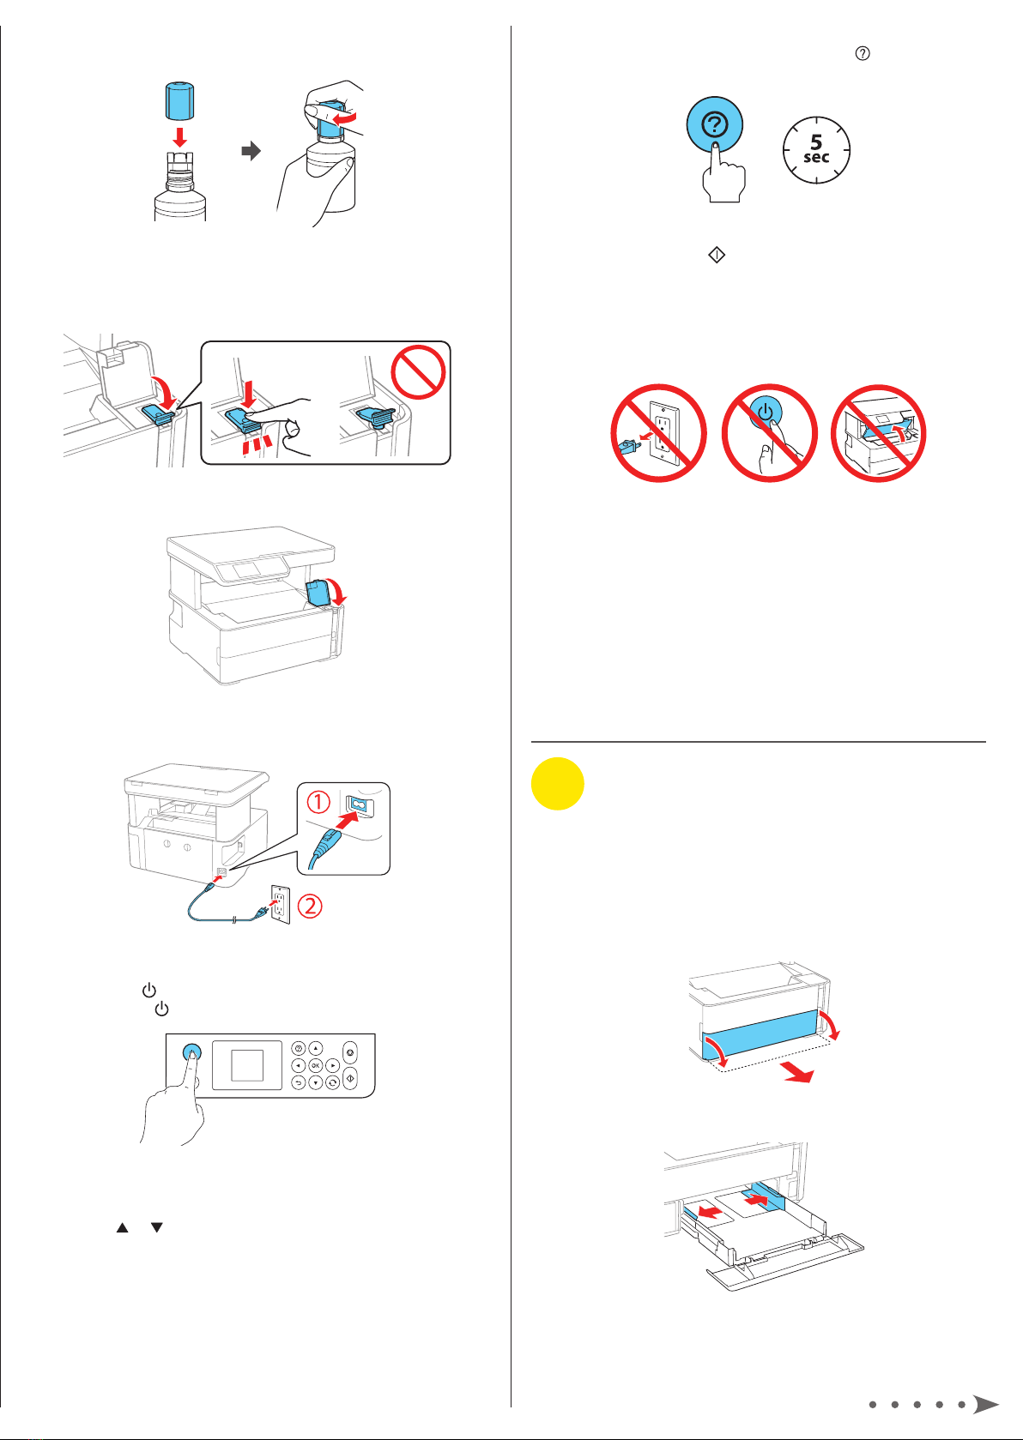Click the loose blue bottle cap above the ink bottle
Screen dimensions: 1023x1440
(x=179, y=100)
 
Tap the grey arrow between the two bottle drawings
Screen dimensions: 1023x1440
(x=251, y=151)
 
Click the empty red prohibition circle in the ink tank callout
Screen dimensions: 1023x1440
(x=419, y=372)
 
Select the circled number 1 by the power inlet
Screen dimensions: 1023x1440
(x=318, y=802)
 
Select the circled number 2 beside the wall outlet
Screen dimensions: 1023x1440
(x=310, y=906)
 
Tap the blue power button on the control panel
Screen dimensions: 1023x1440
(x=191, y=1052)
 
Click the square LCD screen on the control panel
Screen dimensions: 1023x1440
(x=247, y=1065)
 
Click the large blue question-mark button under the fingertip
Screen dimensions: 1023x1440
(x=714, y=124)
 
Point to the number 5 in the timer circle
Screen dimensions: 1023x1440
(x=816, y=142)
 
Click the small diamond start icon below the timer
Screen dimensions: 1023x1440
(x=716, y=256)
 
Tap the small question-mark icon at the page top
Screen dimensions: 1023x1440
(x=863, y=53)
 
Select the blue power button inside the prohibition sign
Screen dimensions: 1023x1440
(x=766, y=412)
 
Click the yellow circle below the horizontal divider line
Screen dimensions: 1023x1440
(x=557, y=784)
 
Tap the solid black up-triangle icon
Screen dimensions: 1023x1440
(x=122, y=1228)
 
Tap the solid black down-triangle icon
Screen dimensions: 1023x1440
(x=156, y=1228)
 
